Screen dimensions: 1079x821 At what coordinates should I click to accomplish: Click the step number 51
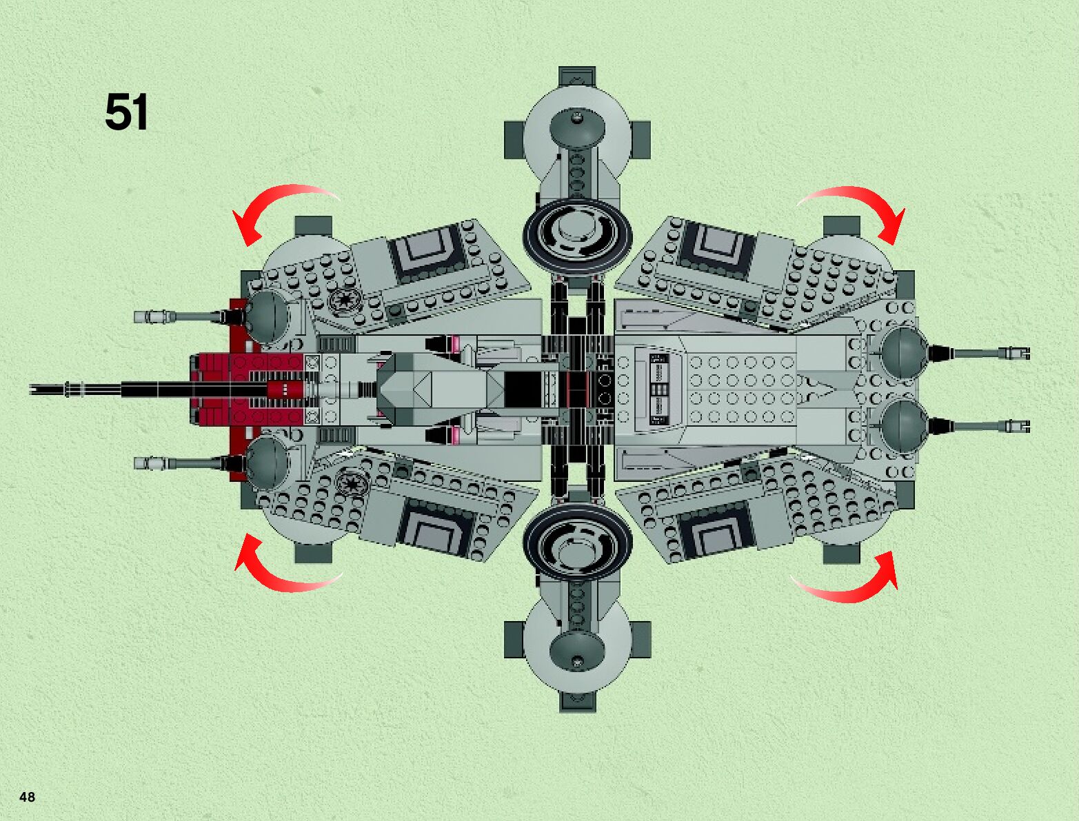click(x=126, y=112)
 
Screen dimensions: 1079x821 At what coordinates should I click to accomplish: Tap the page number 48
click(x=28, y=797)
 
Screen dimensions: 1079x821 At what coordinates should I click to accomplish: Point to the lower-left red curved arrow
click(x=283, y=571)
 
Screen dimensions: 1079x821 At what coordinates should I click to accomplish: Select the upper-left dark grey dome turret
click(x=267, y=315)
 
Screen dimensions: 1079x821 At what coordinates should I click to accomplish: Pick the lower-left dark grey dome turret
click(x=267, y=460)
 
